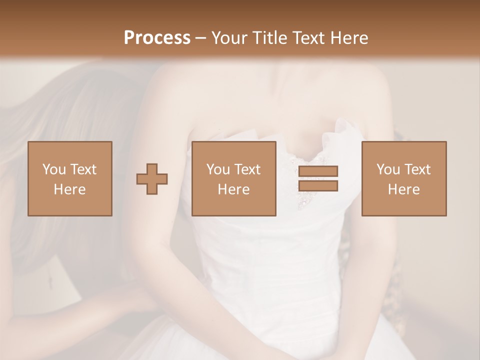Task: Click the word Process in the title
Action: pyautogui.click(x=157, y=38)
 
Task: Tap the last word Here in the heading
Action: pyautogui.click(x=349, y=38)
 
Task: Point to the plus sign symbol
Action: pyautogui.click(x=152, y=179)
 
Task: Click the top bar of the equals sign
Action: pyautogui.click(x=318, y=171)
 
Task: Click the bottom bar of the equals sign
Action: pyautogui.click(x=318, y=186)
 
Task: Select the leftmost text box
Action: pyautogui.click(x=70, y=178)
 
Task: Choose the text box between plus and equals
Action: pyautogui.click(x=234, y=178)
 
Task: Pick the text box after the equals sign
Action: pyautogui.click(x=404, y=178)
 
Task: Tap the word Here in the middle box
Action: pyautogui.click(x=234, y=189)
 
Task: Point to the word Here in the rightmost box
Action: pyautogui.click(x=404, y=189)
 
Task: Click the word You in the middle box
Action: pyautogui.click(x=218, y=169)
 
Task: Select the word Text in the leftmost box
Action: pyautogui.click(x=83, y=169)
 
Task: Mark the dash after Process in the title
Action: pyautogui.click(x=201, y=38)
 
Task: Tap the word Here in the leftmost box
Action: pyautogui.click(x=70, y=189)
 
